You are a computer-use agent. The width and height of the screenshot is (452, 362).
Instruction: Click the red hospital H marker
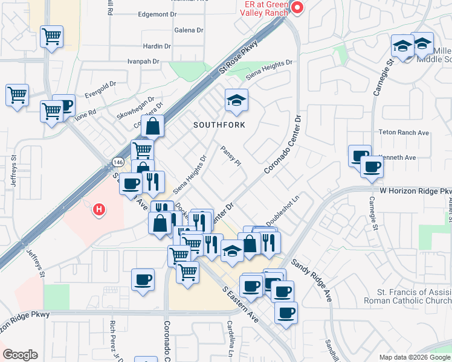99,210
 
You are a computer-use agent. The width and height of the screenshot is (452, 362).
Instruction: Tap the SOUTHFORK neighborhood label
219,125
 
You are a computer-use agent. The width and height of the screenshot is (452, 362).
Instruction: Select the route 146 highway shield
117,162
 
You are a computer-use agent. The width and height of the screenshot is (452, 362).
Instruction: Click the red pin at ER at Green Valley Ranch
297,7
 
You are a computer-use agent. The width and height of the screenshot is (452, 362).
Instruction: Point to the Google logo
20,355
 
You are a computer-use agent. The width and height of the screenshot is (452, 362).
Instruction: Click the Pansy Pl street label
231,156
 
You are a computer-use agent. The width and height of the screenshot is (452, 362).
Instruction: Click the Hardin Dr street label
158,46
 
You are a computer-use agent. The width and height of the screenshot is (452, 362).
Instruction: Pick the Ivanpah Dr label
143,62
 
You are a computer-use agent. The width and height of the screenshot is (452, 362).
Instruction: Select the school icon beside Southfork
236,101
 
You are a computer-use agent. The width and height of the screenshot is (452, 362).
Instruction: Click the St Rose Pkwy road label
239,57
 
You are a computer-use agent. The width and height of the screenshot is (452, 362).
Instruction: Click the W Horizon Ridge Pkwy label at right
416,191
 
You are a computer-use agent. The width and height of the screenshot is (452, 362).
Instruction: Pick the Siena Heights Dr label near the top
270,70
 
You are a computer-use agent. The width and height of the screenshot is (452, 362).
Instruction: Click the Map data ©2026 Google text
414,357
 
